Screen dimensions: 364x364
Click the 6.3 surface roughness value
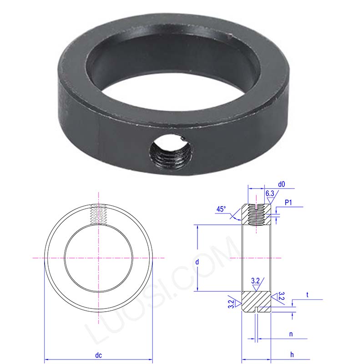pyautogui.click(x=270, y=194)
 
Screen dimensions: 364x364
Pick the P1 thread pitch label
pyautogui.click(x=288, y=202)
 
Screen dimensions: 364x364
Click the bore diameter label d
pyautogui.click(x=197, y=262)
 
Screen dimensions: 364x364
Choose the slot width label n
pyautogui.click(x=291, y=334)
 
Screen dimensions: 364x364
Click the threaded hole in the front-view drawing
pyautogui.click(x=98, y=214)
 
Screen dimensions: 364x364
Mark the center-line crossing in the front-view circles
pyautogui.click(x=98, y=258)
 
